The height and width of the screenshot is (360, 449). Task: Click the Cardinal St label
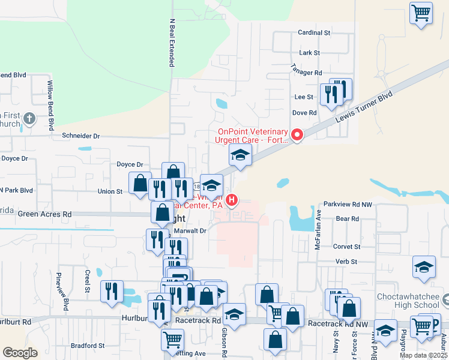[x=315, y=32]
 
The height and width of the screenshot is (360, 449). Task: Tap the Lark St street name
[x=309, y=53]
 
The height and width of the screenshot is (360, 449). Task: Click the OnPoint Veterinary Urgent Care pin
[x=296, y=134]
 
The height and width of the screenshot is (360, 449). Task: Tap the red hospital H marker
[x=232, y=199]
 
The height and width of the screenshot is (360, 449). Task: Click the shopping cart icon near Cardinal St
[x=421, y=12]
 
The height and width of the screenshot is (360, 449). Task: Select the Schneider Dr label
[x=80, y=136]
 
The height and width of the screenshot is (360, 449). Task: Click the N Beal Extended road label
[x=172, y=42]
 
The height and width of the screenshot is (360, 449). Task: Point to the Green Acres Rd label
[x=44, y=214]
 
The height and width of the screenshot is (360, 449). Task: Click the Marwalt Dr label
[x=191, y=230]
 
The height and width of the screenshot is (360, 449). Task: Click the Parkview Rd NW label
[x=349, y=204]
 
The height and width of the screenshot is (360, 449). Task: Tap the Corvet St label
[x=348, y=247]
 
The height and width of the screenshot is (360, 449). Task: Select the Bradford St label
[x=88, y=346]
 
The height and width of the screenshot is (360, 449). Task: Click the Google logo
[x=20, y=353]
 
